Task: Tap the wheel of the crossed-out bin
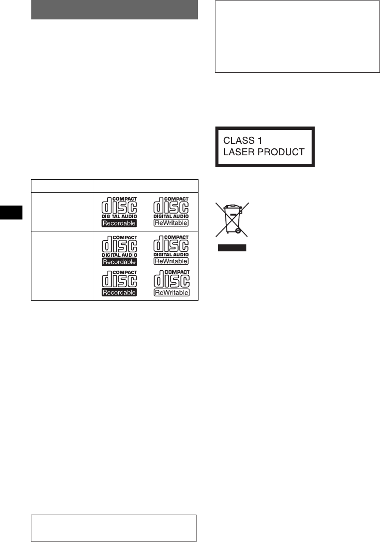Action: click(238, 231)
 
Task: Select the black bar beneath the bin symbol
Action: click(232, 247)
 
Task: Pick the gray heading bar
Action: click(115, 10)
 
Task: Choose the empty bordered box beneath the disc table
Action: click(114, 528)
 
